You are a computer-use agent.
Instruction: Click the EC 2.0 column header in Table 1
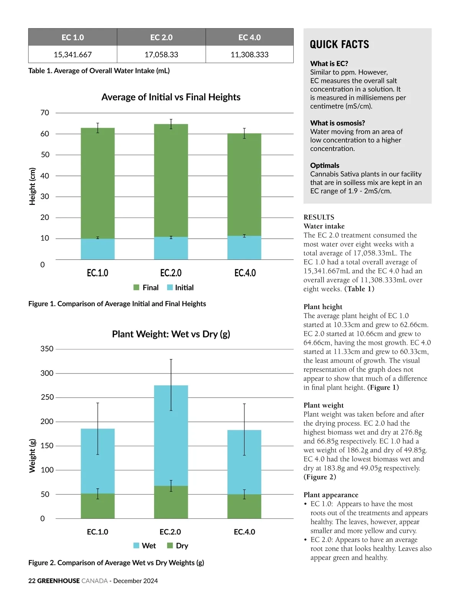point(161,38)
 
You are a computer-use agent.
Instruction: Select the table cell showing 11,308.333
point(250,54)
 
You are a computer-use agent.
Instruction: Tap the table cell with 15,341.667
point(73,54)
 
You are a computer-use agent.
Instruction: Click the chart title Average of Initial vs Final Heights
point(171,97)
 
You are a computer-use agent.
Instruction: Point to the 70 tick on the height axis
point(45,113)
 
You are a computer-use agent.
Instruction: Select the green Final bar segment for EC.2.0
point(171,180)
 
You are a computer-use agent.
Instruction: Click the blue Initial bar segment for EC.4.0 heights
point(244,248)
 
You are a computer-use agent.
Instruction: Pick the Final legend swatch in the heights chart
point(136,288)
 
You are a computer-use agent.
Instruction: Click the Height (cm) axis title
point(33,187)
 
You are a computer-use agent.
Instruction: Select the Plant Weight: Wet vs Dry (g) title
point(171,334)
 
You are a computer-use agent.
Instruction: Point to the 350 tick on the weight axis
point(47,349)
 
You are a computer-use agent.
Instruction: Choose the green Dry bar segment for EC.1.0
point(98,506)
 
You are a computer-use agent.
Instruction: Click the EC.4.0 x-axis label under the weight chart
point(245,532)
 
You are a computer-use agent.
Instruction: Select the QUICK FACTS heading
point(339,45)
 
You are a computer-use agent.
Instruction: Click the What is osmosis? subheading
point(337,123)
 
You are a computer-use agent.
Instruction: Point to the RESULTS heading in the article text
point(319,217)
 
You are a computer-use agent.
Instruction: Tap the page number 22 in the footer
point(32,581)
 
